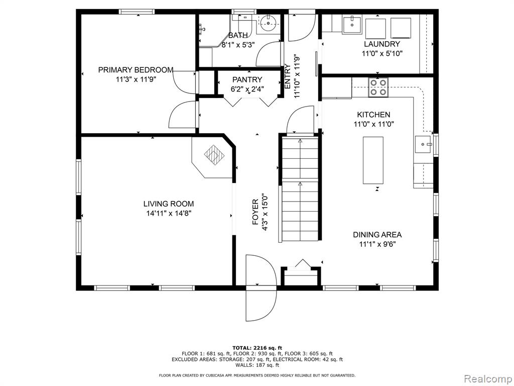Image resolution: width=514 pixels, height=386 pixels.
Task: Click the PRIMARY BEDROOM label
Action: coord(136,70)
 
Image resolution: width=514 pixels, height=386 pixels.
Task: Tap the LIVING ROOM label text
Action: coord(169,204)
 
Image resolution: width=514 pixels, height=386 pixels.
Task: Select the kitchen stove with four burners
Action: coord(378,87)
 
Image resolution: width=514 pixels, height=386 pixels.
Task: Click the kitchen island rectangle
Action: coord(373,160)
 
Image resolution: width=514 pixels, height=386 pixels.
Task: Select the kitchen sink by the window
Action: coord(423,144)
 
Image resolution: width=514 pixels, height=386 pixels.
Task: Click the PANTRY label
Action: coord(247,80)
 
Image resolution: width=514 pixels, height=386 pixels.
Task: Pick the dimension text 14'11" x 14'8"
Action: coord(169,213)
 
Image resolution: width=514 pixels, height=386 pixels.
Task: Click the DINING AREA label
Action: coord(377,235)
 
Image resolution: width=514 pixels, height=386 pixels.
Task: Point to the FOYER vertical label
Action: coord(255,212)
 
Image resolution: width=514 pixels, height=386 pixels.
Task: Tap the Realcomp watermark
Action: coord(487,379)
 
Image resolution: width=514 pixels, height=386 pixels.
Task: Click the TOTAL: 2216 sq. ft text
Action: coord(257,348)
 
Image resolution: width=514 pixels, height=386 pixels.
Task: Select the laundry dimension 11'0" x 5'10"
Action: coord(382,53)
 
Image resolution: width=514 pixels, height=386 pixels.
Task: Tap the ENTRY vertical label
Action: coord(288,76)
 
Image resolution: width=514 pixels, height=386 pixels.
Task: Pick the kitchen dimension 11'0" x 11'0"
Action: coord(373,124)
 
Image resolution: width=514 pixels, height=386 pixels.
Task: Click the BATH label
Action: coord(238,36)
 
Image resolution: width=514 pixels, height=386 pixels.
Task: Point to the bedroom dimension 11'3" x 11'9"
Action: coord(136,79)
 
